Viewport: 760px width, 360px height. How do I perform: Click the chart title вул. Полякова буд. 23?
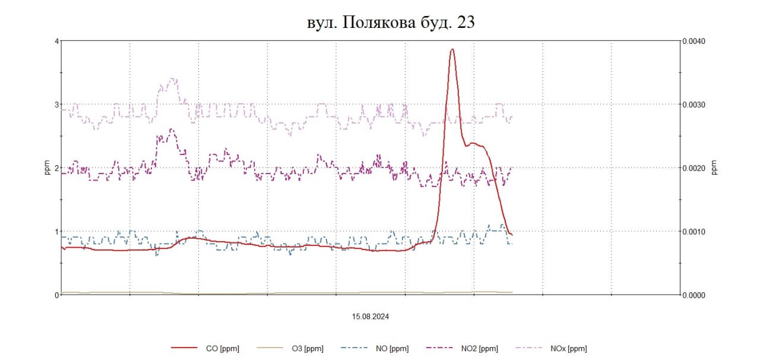(x=391, y=22)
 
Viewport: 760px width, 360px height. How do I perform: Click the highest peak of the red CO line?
(x=452, y=49)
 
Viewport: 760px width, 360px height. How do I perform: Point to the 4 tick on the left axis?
(x=56, y=41)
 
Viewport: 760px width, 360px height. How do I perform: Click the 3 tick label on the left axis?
(x=56, y=105)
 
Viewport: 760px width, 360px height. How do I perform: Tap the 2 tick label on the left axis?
(x=56, y=168)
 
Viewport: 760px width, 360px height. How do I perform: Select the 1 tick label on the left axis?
(x=56, y=232)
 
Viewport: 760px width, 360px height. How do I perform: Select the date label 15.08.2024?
(x=370, y=317)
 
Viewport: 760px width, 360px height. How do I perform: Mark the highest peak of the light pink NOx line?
(x=172, y=78)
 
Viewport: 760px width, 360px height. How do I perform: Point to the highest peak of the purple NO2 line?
(x=172, y=130)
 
